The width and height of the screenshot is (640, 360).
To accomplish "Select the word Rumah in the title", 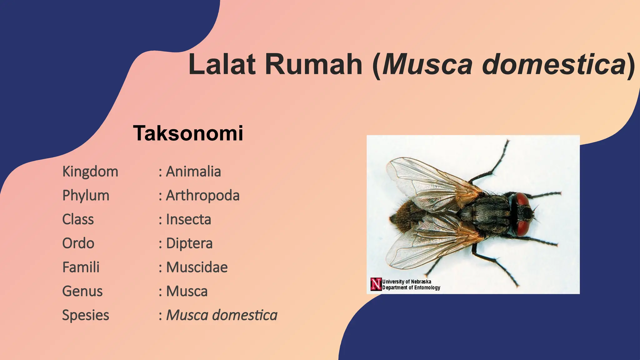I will pyautogui.click(x=314, y=64).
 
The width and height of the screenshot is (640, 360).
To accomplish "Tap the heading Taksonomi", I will pyautogui.click(x=188, y=133).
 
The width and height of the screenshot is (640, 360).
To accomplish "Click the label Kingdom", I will pyautogui.click(x=90, y=172).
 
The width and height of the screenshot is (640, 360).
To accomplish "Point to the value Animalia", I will pyautogui.click(x=193, y=172).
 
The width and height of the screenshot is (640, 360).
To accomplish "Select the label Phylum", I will pyautogui.click(x=86, y=196).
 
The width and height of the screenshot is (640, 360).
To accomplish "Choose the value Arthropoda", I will pyautogui.click(x=202, y=196).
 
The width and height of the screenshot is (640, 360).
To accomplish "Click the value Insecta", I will pyautogui.click(x=188, y=219).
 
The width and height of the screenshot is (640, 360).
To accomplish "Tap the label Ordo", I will pyautogui.click(x=78, y=243).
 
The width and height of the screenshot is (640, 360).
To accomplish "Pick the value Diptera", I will pyautogui.click(x=189, y=243).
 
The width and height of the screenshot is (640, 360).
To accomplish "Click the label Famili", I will pyautogui.click(x=81, y=267).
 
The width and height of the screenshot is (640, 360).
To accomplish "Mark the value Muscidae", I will pyautogui.click(x=197, y=267).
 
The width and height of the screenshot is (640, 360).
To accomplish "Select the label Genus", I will pyautogui.click(x=82, y=291).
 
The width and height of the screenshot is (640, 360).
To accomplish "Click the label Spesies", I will pyautogui.click(x=86, y=315).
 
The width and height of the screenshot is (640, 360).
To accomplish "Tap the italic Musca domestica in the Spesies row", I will pyautogui.click(x=222, y=315).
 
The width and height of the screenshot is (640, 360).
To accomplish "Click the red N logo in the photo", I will pyautogui.click(x=376, y=284).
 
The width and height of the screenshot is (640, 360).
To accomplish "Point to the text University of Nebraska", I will pyautogui.click(x=407, y=282).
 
